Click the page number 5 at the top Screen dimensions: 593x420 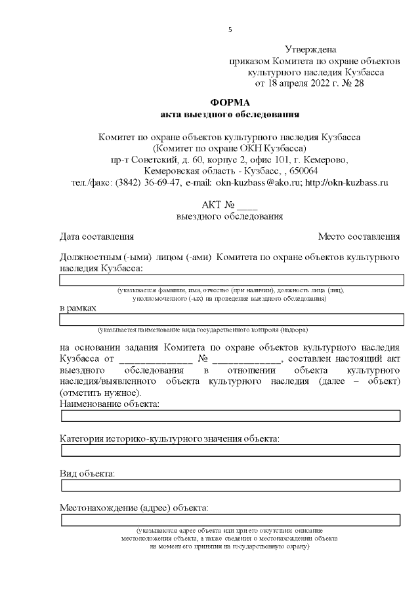(230, 29)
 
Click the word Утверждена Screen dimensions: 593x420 (311, 49)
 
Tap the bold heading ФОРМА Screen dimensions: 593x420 (230, 103)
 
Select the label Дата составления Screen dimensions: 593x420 (97, 237)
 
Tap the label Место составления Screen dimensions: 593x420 (359, 237)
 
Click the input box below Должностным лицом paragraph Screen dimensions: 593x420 (231, 280)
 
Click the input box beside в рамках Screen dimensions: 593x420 (231, 319)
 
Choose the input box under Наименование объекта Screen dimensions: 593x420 (231, 415)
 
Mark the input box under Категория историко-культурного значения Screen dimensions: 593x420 (231, 450)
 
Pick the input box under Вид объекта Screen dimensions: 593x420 (231, 485)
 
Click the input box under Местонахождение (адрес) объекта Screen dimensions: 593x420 (231, 520)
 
